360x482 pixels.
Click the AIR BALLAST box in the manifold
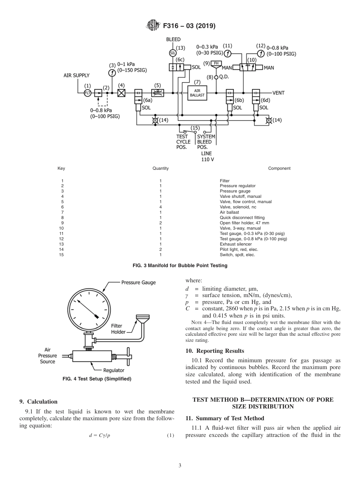[x=199, y=93]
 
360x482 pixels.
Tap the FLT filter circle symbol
[x=88, y=93]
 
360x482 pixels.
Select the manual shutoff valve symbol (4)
[x=121, y=93]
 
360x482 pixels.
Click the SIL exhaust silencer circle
[x=172, y=53]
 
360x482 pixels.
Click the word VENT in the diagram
[x=279, y=93]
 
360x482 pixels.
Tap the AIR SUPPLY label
[x=77, y=75]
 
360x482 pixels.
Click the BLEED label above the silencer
[x=174, y=39]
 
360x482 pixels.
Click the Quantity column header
[x=161, y=168]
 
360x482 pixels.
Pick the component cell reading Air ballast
[x=230, y=213]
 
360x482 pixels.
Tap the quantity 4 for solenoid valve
[x=161, y=207]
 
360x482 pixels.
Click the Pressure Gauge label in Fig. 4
[x=138, y=282]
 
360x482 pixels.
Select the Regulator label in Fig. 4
[x=114, y=370]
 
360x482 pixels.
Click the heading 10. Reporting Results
[x=215, y=351]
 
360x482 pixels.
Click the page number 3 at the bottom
[x=180, y=466]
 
